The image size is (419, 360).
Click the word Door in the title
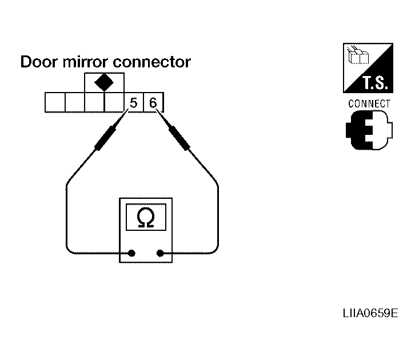coord(39,62)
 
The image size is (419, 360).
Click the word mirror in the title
coord(85,62)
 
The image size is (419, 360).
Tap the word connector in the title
coord(152,62)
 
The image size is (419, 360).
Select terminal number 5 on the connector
coord(134,102)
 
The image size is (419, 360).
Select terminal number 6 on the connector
coord(153,102)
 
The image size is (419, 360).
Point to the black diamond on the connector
coord(104,82)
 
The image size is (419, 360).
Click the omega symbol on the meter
coord(146,217)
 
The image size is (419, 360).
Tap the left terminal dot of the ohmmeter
coord(131,253)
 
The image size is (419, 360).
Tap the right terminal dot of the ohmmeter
coord(160,253)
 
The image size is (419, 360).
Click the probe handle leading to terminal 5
coord(105,138)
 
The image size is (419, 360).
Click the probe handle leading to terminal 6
coord(179,138)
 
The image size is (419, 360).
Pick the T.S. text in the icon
coord(375,83)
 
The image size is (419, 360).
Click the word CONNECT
coord(369,103)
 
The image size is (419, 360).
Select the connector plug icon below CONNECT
coord(369,130)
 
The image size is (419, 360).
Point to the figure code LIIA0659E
coord(370,313)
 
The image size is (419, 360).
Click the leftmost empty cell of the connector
coord(55,102)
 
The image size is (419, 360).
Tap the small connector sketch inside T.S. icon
coord(358,55)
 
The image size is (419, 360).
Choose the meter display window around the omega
coord(146,217)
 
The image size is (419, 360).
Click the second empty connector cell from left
coord(75,102)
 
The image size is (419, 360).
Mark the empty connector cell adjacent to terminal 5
coord(114,102)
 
